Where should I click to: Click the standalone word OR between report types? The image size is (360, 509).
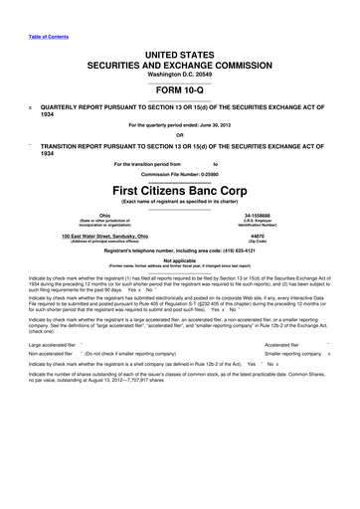[179, 136]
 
